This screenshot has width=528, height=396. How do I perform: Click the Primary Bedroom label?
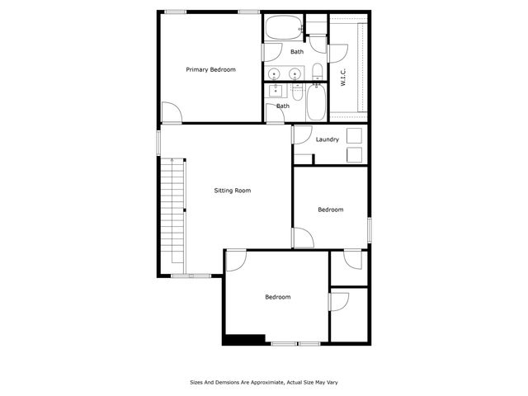(210, 69)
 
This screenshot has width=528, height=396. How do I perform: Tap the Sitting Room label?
(232, 191)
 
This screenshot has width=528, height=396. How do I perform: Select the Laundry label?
(327, 139)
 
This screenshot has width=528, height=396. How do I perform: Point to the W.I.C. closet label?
(342, 78)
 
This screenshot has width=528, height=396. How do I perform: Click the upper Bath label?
(296, 52)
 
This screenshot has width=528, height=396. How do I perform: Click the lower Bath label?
(283, 106)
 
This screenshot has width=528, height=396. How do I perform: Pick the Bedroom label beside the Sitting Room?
(330, 210)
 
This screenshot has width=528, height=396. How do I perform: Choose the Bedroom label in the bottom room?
(277, 297)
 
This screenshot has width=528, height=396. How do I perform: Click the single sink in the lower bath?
(276, 90)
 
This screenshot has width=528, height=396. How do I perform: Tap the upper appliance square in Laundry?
(356, 136)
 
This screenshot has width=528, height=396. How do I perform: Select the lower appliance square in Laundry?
(356, 154)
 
